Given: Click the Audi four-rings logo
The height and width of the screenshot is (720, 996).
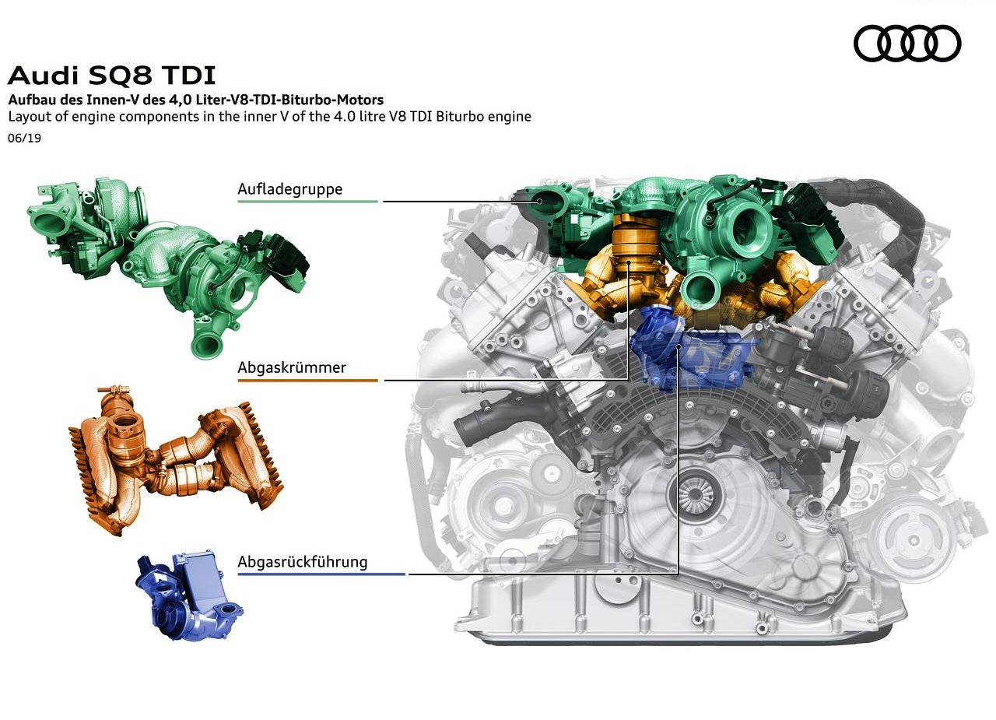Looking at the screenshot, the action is coord(907,43).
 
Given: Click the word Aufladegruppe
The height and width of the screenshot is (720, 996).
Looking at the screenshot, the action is coord(290,189).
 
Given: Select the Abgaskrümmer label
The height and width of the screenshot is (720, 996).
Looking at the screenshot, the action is coord(292,367).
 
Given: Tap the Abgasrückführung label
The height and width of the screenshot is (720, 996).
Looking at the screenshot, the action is coord(303,562).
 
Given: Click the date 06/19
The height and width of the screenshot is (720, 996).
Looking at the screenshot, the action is coord(24,138).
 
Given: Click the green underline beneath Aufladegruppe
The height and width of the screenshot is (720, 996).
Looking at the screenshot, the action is coord(307,202).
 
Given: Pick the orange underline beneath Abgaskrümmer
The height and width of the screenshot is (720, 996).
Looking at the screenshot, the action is coord(307,380).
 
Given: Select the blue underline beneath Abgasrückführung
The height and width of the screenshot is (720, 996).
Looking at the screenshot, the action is coord(321,574).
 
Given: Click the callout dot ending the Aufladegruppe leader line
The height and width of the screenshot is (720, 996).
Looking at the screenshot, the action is coord(539,201).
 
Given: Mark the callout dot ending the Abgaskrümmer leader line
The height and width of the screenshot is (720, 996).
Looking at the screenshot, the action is coord(628,263).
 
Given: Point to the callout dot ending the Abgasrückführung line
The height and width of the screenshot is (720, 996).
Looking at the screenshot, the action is coord(679,346).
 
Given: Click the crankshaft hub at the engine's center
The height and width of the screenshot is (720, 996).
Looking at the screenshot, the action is coord(695,493).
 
